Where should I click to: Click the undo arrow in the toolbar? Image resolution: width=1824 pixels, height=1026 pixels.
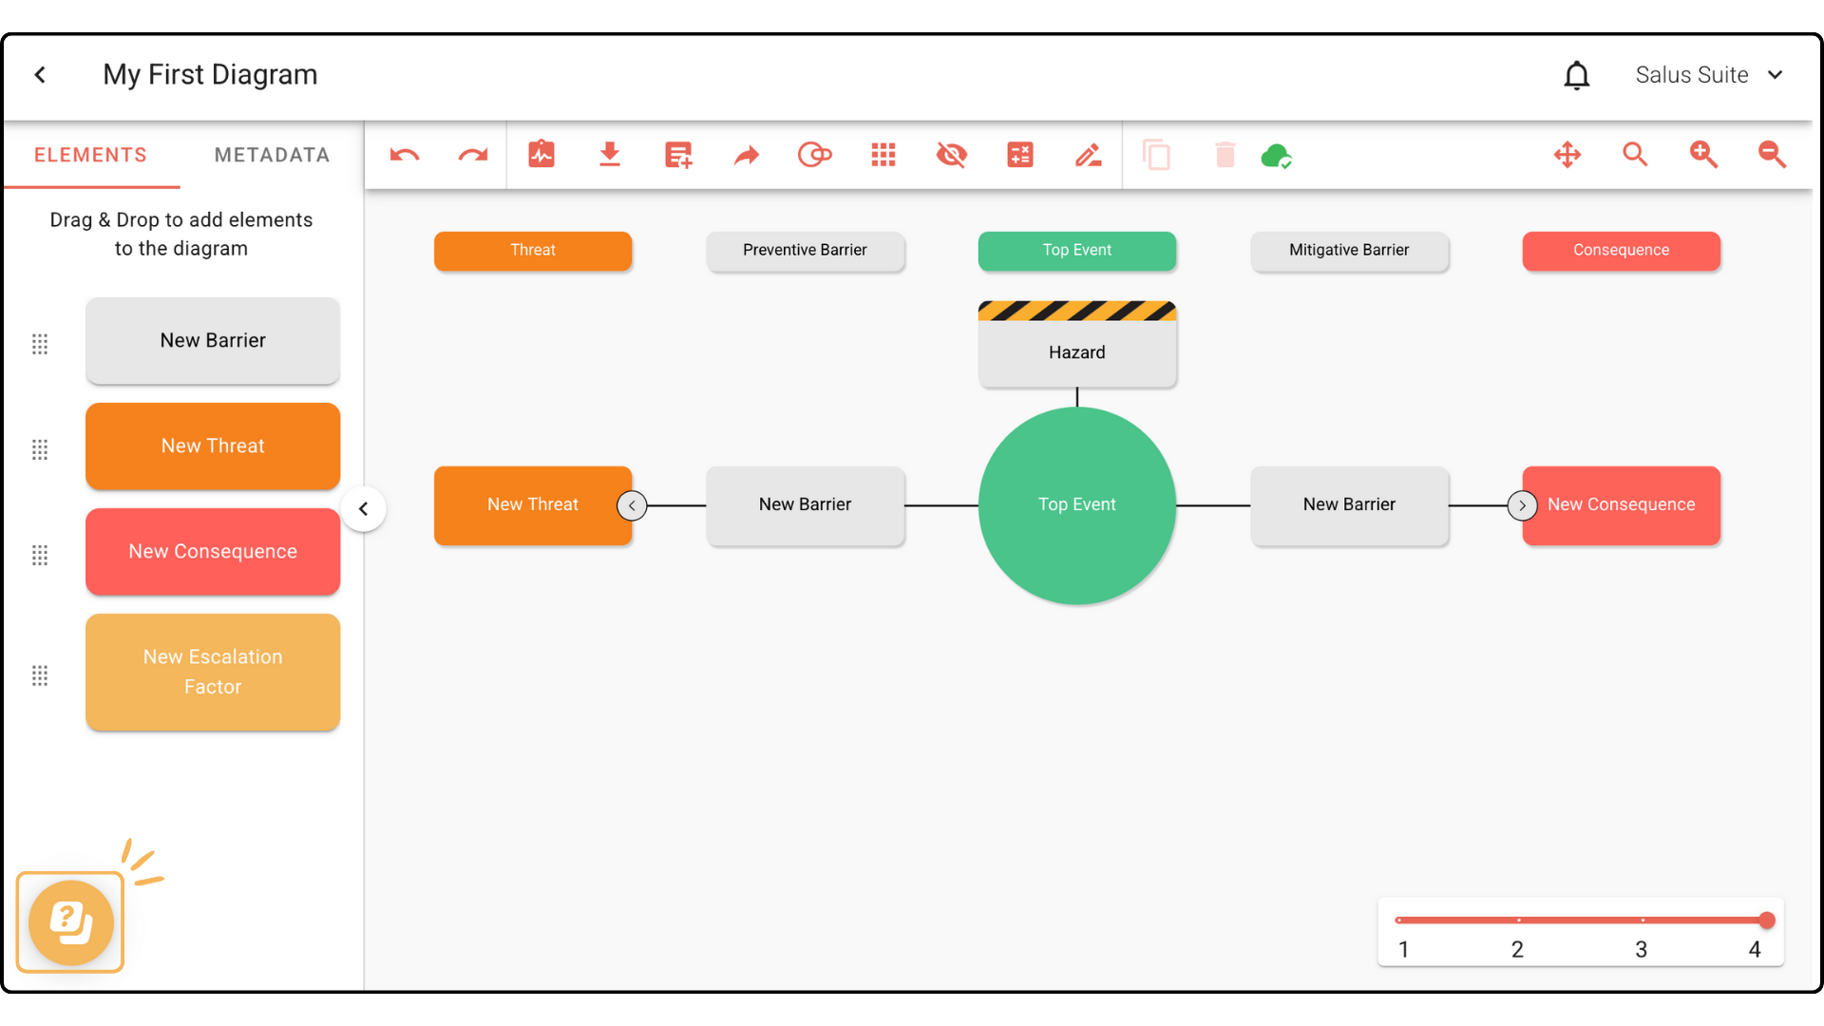click(x=405, y=155)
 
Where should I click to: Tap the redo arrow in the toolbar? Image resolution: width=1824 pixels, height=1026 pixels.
click(x=473, y=155)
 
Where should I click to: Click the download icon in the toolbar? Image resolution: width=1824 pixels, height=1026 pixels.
click(x=610, y=155)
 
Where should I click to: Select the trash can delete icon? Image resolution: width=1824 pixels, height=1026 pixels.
click(x=1225, y=155)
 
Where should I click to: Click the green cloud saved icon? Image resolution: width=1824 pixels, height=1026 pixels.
click(x=1276, y=156)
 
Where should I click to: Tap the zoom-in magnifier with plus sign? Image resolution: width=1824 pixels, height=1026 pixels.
click(x=1703, y=155)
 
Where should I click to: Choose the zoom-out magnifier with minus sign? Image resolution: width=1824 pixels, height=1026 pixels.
click(x=1772, y=155)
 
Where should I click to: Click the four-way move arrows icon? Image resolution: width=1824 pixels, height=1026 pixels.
click(x=1567, y=155)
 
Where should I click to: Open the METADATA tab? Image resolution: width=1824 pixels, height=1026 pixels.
click(x=272, y=155)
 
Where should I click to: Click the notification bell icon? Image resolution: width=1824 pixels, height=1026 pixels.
click(x=1577, y=75)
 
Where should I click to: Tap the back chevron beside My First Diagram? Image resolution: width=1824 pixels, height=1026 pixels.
click(x=40, y=75)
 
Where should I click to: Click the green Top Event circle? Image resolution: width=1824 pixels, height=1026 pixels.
click(x=1076, y=505)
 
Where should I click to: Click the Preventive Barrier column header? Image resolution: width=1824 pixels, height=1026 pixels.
click(x=805, y=251)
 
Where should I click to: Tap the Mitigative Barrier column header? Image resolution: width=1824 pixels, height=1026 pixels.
click(x=1349, y=251)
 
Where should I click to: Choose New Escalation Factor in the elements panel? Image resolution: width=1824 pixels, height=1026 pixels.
click(x=213, y=672)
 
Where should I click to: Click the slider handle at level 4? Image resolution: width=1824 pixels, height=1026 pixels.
click(x=1766, y=920)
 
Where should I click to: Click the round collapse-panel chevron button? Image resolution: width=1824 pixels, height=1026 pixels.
click(x=363, y=509)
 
